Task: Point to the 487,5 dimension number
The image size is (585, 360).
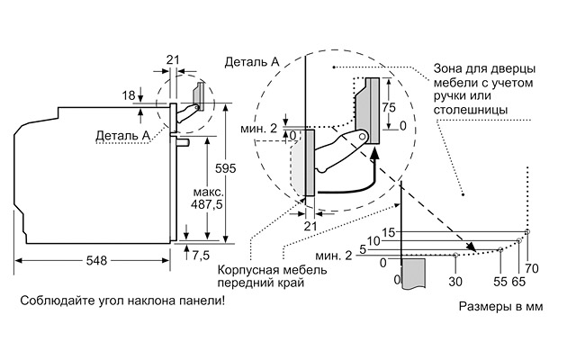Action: point(208,204)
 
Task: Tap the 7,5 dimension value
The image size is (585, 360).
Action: point(201,255)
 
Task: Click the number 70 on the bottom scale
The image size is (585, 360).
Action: point(531,268)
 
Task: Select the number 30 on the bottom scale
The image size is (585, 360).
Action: point(455,282)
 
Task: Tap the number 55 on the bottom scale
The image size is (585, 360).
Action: point(500,282)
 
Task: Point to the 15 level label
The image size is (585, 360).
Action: point(388,233)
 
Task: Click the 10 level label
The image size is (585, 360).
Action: point(374,240)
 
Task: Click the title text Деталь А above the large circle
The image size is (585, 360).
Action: point(251,61)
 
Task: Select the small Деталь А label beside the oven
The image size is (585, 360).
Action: point(121,135)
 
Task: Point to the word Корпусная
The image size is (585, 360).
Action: point(247,269)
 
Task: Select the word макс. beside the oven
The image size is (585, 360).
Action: point(208,192)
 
